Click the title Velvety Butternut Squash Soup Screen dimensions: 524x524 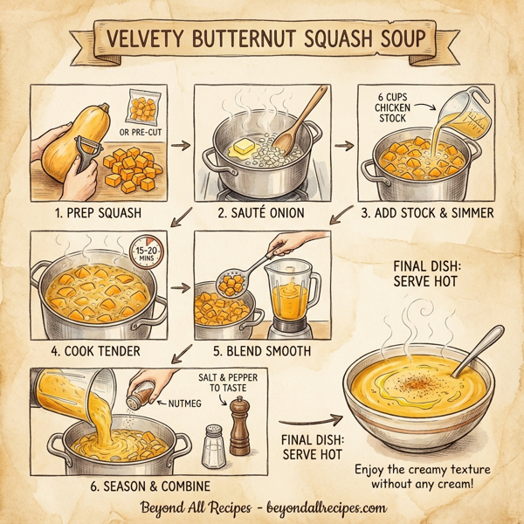[x=262, y=41]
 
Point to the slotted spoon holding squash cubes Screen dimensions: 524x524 [x=231, y=279]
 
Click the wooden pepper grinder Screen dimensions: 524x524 [x=240, y=428]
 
